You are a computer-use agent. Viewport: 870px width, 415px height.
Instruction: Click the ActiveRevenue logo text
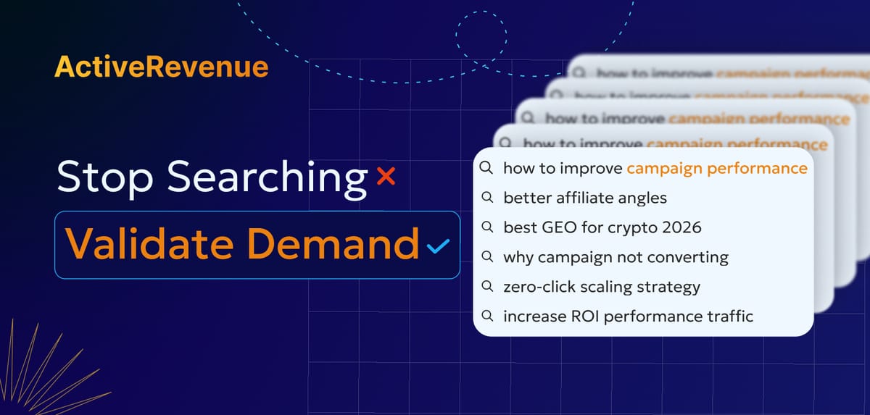[161, 67]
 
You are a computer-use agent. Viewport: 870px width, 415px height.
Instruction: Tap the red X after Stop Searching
[386, 176]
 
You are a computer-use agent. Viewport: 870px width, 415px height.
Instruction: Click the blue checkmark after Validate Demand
[438, 246]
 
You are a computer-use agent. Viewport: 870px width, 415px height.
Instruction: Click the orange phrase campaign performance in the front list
[716, 168]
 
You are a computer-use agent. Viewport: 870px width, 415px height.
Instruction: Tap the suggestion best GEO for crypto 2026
[602, 227]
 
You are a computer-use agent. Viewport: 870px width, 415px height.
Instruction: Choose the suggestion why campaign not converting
[616, 257]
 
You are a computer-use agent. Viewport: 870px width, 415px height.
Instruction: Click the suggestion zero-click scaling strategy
[601, 287]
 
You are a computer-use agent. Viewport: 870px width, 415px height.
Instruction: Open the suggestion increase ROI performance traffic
[628, 317]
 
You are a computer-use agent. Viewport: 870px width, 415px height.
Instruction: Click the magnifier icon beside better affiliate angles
[487, 198]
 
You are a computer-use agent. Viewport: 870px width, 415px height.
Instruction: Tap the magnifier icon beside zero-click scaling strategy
[487, 287]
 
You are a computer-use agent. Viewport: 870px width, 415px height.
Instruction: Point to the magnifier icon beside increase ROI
[487, 317]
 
